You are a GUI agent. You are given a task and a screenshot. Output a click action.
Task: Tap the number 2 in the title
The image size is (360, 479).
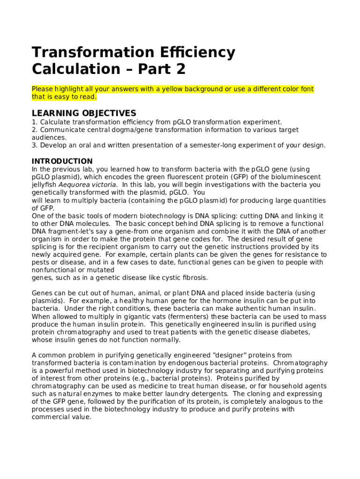click(180, 69)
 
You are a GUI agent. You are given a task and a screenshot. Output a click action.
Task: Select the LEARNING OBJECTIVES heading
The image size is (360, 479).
click(84, 113)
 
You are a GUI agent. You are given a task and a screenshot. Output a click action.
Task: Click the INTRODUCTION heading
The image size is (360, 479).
click(62, 161)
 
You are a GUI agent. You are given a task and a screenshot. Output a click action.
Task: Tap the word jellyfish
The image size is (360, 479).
click(44, 185)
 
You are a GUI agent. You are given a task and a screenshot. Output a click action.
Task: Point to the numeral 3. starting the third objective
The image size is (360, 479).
click(35, 145)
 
